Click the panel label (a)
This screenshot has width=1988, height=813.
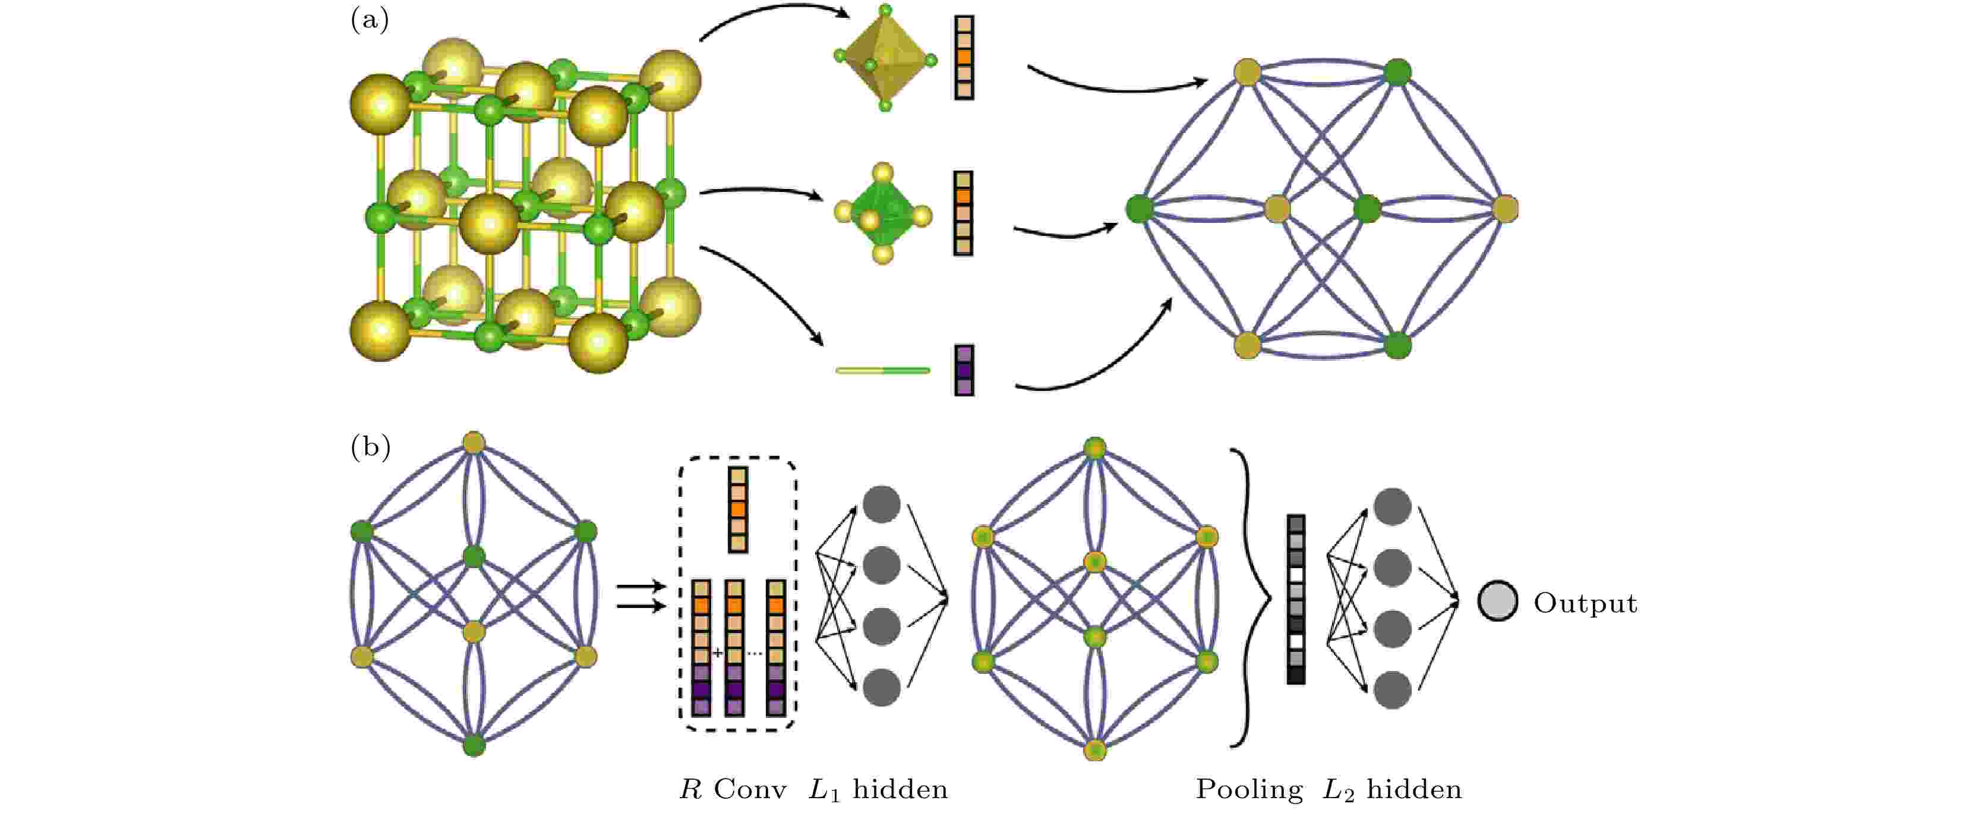click(370, 20)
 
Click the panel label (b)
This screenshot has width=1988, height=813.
click(370, 447)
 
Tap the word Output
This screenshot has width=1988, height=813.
click(1585, 603)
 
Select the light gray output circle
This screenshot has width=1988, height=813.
click(1498, 601)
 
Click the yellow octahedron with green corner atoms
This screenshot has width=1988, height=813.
click(885, 58)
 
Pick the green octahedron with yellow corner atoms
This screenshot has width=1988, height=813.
click(883, 213)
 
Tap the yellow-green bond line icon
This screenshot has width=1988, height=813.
click(883, 371)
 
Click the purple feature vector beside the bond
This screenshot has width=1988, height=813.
click(964, 370)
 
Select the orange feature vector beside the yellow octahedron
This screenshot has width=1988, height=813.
click(964, 57)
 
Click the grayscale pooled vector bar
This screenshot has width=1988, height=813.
click(1296, 599)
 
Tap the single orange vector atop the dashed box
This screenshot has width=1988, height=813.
click(738, 509)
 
